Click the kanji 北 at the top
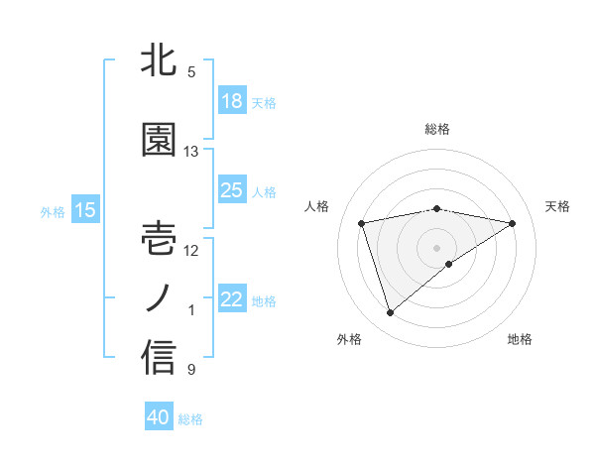[x=159, y=61]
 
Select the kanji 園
[x=159, y=141]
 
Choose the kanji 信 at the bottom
[x=159, y=358]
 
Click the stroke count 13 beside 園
[x=191, y=152]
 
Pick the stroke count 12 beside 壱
[x=191, y=250]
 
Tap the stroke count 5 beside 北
[x=191, y=72]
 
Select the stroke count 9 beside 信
[x=191, y=370]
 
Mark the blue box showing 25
[x=232, y=190]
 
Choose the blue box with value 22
[x=232, y=299]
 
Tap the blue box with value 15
[x=85, y=210]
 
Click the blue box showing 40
[x=159, y=417]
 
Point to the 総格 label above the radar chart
[x=437, y=129]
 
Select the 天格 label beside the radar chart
[x=558, y=206]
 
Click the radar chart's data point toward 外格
[x=390, y=313]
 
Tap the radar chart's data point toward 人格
[x=362, y=222]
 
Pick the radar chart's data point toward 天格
[x=513, y=223]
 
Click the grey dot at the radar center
[x=437, y=246]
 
